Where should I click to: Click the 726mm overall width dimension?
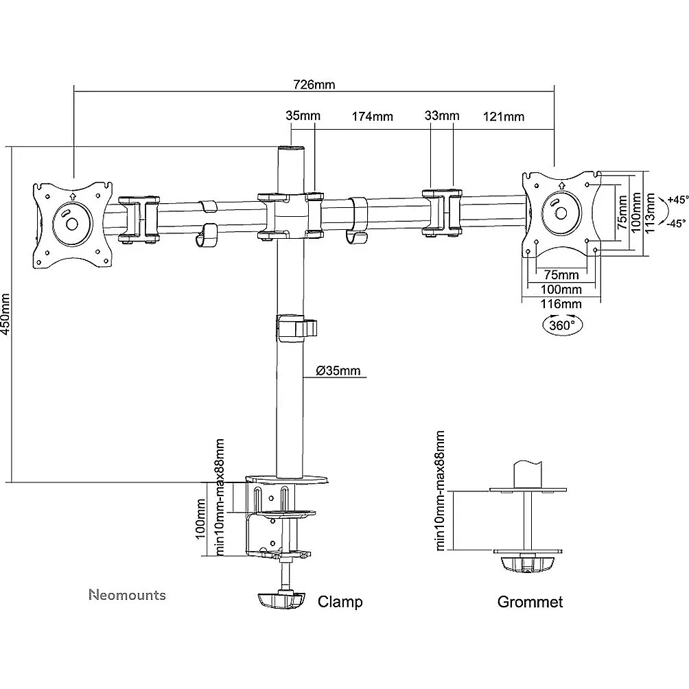(314, 84)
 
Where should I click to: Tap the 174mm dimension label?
(372, 117)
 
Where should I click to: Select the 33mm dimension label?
(442, 115)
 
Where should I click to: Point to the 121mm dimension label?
(504, 117)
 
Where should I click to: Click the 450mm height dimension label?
(5, 314)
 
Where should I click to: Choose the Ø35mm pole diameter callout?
(338, 371)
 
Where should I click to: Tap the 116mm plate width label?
(561, 303)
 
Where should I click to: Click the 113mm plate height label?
(650, 213)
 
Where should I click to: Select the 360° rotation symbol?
(563, 325)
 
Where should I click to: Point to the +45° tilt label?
(677, 200)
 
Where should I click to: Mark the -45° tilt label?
(677, 224)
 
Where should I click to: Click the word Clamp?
(340, 602)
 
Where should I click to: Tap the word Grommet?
(530, 602)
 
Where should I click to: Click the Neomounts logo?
(128, 595)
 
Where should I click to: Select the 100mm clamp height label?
(200, 519)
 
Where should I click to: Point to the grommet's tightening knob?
(528, 564)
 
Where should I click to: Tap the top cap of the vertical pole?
(290, 150)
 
